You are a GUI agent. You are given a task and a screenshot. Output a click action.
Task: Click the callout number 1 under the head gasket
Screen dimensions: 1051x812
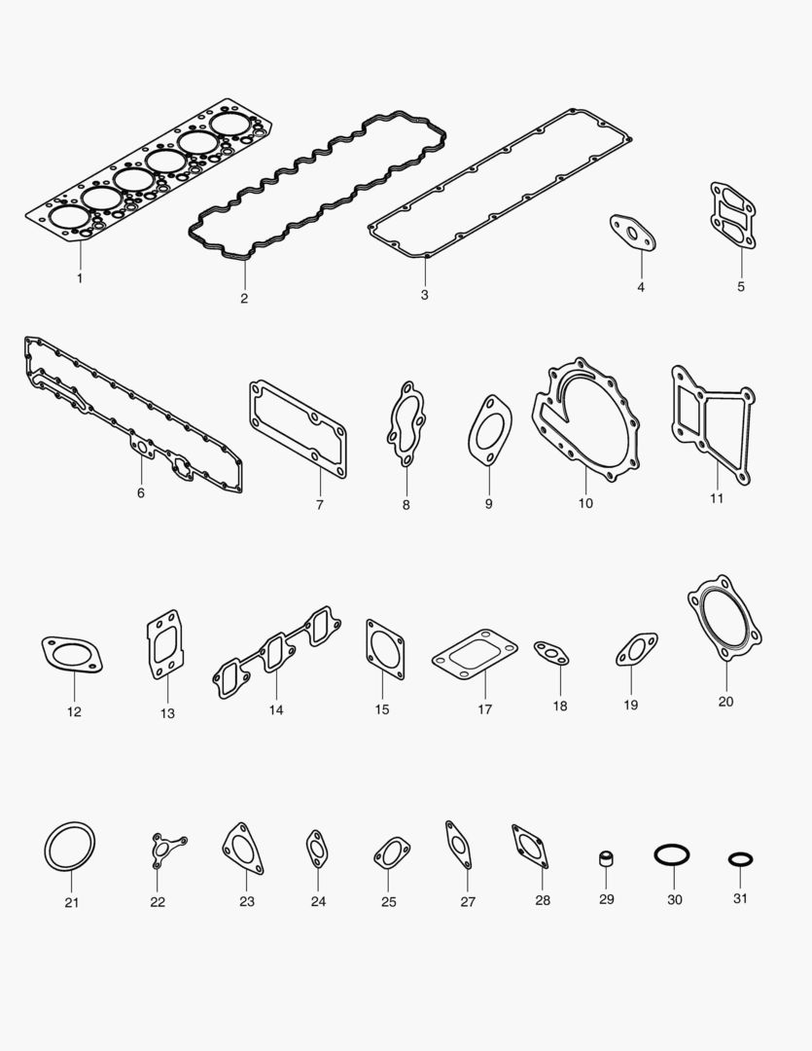click(80, 278)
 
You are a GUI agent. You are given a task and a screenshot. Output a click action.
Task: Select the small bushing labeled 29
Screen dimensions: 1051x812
click(606, 860)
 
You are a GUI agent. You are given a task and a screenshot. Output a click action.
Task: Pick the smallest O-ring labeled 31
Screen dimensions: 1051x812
click(740, 859)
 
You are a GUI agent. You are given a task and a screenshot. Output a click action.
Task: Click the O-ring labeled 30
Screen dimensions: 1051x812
click(672, 855)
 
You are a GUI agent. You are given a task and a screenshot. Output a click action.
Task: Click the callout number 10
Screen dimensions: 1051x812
click(585, 503)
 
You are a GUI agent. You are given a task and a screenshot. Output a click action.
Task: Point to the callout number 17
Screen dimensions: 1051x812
click(484, 709)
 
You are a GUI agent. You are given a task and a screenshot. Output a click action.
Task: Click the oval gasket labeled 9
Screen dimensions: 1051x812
click(488, 432)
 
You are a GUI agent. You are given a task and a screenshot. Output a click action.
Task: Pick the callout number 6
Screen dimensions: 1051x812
click(141, 493)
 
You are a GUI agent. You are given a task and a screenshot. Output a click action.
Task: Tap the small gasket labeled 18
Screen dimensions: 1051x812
click(551, 654)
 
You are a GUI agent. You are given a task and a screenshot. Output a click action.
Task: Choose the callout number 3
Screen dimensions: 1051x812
click(424, 294)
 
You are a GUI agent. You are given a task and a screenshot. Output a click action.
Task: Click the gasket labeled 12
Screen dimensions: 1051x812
click(72, 654)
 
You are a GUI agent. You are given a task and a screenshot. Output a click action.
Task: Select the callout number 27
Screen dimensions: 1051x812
click(468, 902)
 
